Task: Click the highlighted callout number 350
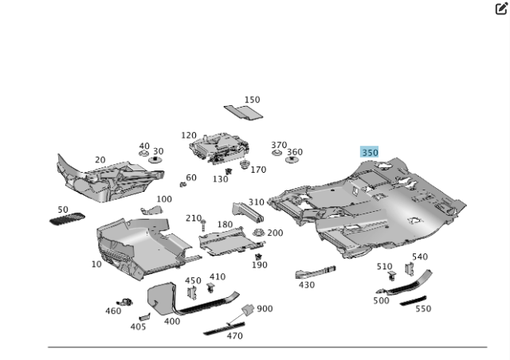coord(370,152)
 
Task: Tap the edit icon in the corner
coord(501,9)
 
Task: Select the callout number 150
coord(252,100)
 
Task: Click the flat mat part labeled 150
coord(243,112)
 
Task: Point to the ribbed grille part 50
coord(67,219)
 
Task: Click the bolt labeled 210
coord(204,225)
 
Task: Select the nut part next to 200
coord(258,233)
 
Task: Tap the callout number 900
coord(265,308)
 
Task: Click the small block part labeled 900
coord(248,310)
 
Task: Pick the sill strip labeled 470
coord(224,328)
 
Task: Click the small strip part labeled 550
coord(413,300)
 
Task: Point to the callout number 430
coord(306,285)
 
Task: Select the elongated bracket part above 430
coord(316,272)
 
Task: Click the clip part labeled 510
coord(392,276)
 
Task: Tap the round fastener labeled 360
coord(292,159)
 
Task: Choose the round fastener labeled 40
coord(143,153)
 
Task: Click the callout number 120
coord(189,135)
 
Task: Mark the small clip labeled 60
coord(182,185)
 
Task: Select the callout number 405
coord(138,327)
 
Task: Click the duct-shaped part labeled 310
coord(248,213)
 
